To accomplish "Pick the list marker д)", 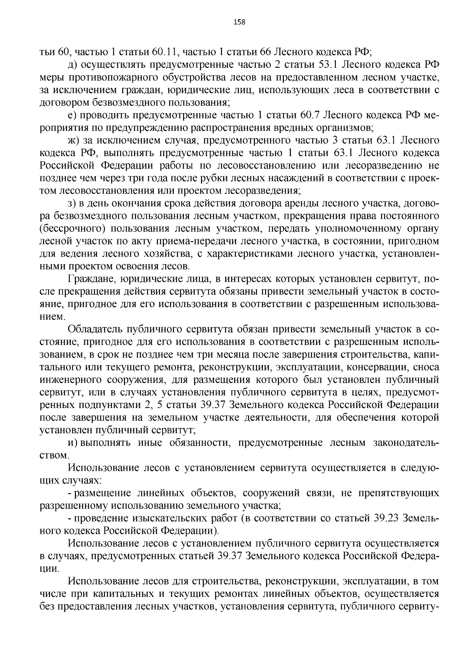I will point(73,64).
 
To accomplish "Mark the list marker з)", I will point(73,203).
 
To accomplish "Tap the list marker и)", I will point(73,443).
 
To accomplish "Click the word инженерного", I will point(68,380).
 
